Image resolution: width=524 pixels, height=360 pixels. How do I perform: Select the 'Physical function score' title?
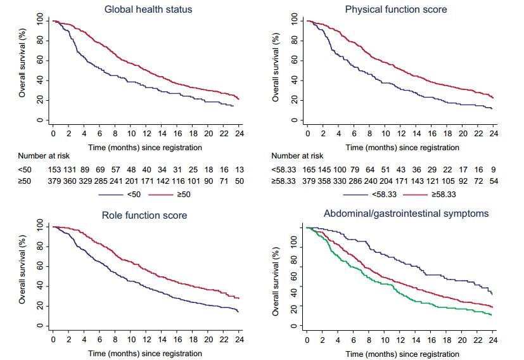click(404, 10)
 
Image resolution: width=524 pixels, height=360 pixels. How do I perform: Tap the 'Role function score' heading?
click(144, 215)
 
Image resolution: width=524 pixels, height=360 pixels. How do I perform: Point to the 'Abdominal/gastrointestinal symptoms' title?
click(406, 214)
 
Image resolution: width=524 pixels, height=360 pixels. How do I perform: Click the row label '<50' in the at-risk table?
click(25, 169)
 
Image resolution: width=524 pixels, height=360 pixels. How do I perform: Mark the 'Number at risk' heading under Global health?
click(44, 155)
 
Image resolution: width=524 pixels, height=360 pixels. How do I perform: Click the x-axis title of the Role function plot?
click(145, 353)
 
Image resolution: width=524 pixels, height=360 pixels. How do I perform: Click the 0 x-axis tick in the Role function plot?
click(53, 339)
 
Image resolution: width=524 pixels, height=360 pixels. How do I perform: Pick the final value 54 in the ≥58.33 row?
click(494, 181)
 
